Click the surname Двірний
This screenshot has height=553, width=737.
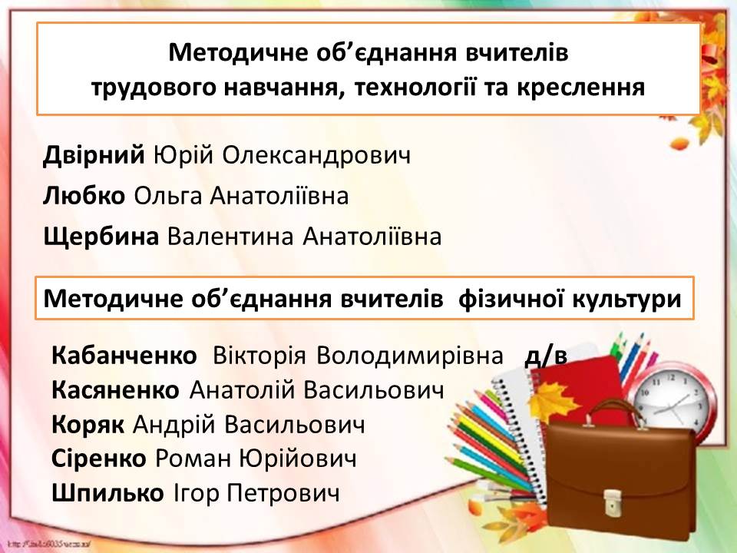click(94, 156)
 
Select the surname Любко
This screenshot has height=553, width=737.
click(84, 196)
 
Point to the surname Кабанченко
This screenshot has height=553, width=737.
click(124, 356)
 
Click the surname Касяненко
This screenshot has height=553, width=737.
click(116, 390)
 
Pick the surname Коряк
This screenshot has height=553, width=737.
click(88, 425)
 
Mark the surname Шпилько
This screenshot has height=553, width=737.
click(107, 493)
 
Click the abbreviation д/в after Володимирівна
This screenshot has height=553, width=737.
click(546, 356)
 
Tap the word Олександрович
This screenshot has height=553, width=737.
click(316, 156)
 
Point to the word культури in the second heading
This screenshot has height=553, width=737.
click(626, 299)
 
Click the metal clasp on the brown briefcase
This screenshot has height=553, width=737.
click(612, 502)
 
